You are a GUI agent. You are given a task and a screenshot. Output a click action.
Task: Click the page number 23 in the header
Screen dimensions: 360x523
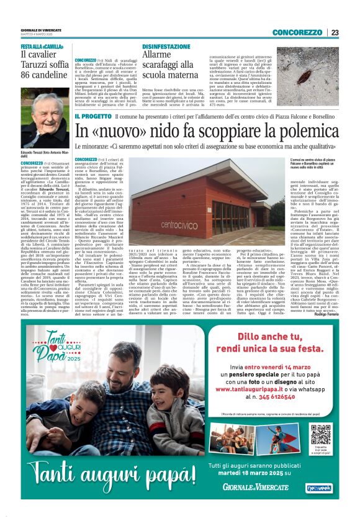pos(335,32)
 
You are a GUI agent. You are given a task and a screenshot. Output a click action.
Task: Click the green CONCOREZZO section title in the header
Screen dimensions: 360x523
pos(296,32)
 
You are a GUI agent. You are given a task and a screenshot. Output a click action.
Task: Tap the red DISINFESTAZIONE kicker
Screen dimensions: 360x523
pos(166,47)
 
